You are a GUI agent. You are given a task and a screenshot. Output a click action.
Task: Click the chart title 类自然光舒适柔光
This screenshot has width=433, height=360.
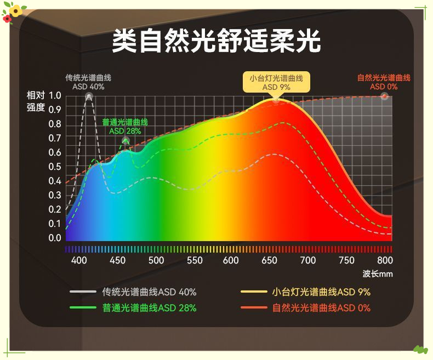pos(216,42)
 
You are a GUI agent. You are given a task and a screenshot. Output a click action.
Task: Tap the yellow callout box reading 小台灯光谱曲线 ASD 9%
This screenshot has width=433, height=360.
pos(276,82)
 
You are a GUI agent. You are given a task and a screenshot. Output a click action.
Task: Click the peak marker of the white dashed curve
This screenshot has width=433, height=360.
pos(89,96)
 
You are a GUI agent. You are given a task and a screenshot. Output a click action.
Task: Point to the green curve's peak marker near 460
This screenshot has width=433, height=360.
pos(126,141)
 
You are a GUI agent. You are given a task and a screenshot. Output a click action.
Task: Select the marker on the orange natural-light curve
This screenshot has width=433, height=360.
pos(384,96)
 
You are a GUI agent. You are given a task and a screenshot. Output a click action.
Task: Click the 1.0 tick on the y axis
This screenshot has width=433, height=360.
pos(55,96)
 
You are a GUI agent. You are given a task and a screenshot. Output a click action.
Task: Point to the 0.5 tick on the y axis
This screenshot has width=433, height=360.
pos(55,167)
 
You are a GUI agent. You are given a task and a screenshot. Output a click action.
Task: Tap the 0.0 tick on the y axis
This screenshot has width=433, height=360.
pos(55,238)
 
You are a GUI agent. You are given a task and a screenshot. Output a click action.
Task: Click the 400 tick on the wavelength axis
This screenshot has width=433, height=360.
pos(79,260)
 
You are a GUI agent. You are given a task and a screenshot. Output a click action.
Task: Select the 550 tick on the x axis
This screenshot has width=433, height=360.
pos(195,260)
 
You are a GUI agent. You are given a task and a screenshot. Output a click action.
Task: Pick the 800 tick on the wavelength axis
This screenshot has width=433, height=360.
pos(385,260)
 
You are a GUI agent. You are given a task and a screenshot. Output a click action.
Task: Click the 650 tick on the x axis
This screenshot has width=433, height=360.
pos(270,260)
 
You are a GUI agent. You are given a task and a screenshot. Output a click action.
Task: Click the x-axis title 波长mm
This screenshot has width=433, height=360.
pos(378,273)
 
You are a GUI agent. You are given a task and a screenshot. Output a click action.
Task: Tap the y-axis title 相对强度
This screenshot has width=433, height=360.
pos(36,101)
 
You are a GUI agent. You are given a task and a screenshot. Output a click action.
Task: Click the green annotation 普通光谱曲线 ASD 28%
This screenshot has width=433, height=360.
pos(125,127)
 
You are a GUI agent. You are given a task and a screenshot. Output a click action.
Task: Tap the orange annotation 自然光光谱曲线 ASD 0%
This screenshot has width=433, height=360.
pos(384,82)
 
